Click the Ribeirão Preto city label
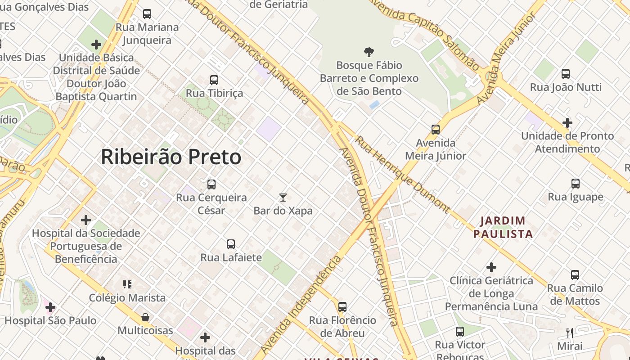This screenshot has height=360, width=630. point(171,157)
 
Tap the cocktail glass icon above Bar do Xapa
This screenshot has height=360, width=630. point(283,197)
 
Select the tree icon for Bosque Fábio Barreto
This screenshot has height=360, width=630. point(369,52)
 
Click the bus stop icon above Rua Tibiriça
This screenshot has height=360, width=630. point(214,80)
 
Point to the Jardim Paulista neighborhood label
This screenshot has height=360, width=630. point(503,227)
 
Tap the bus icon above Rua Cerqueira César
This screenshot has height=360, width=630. point(211,184)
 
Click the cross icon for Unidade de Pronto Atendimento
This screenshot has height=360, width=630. point(567,122)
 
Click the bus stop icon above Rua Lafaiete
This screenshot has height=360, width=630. point(231,244)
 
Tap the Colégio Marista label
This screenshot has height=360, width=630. point(127,298)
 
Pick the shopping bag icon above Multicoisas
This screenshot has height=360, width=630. point(145,317)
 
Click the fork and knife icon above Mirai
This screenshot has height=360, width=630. point(570,333)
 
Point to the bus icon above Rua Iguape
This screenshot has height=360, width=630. point(575,184)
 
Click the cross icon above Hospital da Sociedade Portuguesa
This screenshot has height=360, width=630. point(86,220)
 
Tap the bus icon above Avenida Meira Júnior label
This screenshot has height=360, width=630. point(435,130)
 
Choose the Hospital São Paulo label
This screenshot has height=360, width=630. point(50,320)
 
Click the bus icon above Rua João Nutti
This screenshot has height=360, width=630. point(566,74)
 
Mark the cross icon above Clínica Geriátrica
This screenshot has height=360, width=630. point(491,267)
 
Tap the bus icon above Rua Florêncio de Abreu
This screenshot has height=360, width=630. point(342,307)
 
